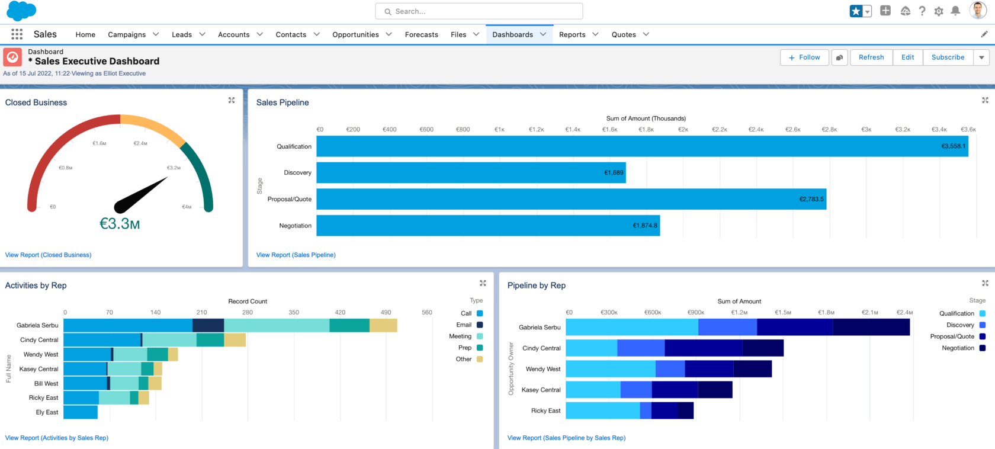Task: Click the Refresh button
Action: tap(871, 57)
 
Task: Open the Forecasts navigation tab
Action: tap(421, 34)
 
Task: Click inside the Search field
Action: tap(479, 11)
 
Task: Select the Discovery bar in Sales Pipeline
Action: tap(471, 172)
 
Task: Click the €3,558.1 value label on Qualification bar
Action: tap(953, 146)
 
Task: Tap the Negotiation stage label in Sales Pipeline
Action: tap(295, 226)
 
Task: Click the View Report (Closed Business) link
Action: tap(48, 255)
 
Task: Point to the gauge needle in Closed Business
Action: tap(142, 195)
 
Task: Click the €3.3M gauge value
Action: tap(120, 223)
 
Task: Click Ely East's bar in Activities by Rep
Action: tap(80, 412)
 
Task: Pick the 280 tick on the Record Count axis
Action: tap(248, 312)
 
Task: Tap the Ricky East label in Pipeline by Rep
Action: tap(545, 410)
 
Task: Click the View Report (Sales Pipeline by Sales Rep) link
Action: tap(566, 438)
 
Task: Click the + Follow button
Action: tap(804, 57)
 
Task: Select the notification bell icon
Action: tap(955, 11)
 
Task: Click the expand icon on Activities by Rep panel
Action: tap(483, 283)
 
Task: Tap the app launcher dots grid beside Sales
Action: tap(17, 34)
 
